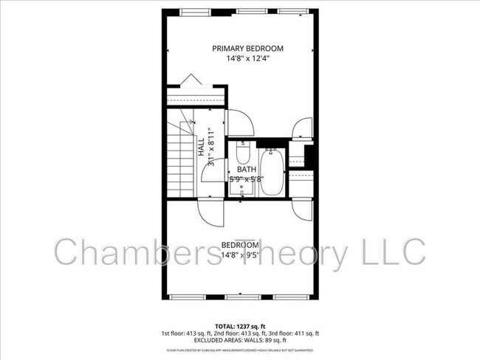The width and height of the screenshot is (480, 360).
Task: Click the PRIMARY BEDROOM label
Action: [x=247, y=49]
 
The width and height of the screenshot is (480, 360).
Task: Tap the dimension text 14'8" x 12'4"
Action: [x=247, y=60]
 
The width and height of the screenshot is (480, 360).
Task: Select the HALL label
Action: [x=201, y=146]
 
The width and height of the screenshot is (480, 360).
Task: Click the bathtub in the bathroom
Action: [x=271, y=171]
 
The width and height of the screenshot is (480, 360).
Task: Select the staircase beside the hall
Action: [x=180, y=162]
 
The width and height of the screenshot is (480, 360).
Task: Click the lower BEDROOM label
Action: [x=240, y=245]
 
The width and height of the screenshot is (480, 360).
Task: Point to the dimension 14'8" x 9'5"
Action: [x=240, y=256]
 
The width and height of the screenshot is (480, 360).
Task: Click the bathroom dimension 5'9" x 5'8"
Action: [x=247, y=179]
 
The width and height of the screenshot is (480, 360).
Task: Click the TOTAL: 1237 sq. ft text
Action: [x=240, y=325]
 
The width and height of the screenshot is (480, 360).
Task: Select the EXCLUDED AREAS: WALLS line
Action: [x=240, y=340]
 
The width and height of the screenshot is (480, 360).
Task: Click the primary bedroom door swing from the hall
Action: [x=240, y=122]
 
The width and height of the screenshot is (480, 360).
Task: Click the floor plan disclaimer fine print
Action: [x=240, y=350]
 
